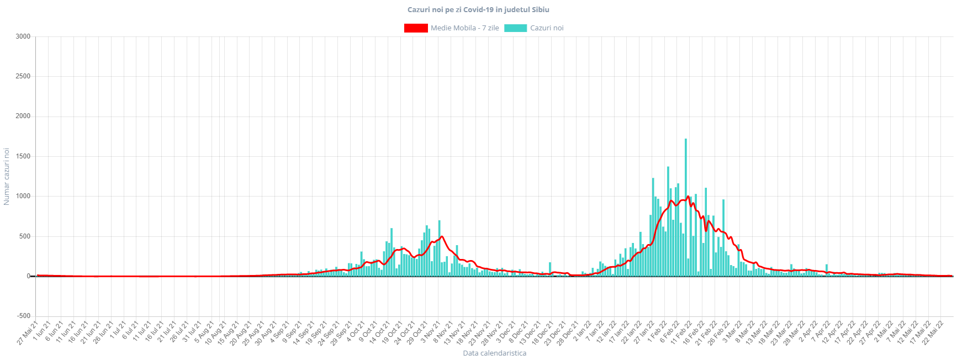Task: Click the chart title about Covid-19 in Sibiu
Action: (x=478, y=9)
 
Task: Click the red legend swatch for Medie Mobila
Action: (x=415, y=28)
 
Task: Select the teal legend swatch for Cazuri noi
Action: (x=515, y=28)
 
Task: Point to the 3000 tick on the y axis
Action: (x=23, y=36)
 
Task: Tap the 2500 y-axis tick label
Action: (x=23, y=76)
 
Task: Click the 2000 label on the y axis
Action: (x=23, y=116)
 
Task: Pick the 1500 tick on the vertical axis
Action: (x=23, y=156)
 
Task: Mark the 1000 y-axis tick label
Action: (x=23, y=196)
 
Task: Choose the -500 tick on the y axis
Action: (x=23, y=316)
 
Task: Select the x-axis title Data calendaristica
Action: (x=494, y=353)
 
